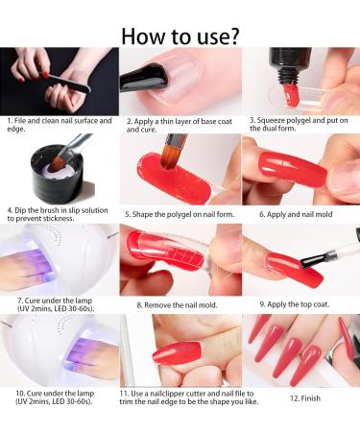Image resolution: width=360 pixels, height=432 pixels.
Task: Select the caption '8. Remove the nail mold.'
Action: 179,305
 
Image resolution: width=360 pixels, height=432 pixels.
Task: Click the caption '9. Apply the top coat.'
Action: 298,305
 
